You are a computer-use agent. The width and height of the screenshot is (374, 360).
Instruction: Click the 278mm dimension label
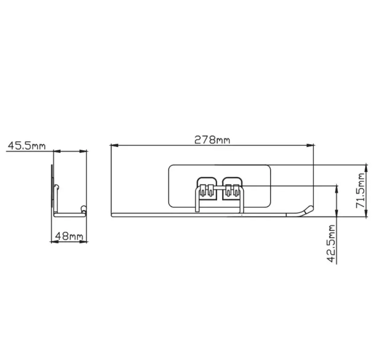(x=212, y=140)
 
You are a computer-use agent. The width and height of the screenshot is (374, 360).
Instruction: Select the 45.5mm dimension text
(x=26, y=146)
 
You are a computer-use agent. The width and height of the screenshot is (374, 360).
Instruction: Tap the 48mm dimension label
(x=69, y=236)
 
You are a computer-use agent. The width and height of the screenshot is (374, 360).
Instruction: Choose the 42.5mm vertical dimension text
(x=331, y=243)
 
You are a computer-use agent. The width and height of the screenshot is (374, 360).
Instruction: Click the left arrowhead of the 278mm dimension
(x=115, y=145)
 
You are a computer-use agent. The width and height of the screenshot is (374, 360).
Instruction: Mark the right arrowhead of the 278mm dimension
(x=310, y=145)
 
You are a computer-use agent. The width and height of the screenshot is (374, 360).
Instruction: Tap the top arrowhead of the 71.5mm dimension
(x=366, y=168)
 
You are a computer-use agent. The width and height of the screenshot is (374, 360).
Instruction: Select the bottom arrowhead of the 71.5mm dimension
(x=366, y=213)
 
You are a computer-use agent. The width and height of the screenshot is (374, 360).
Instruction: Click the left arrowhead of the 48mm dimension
(x=55, y=242)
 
